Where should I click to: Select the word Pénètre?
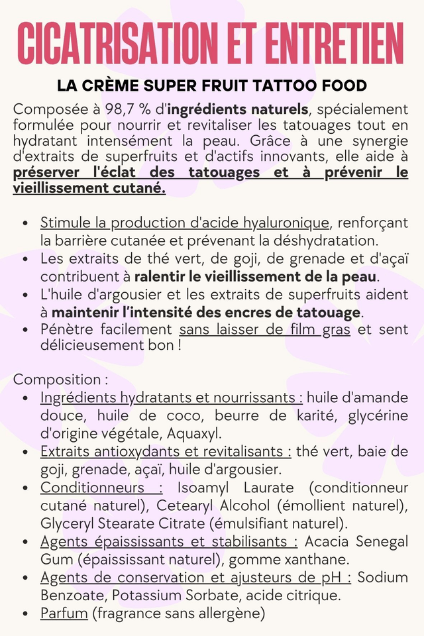pyautogui.click(x=66, y=329)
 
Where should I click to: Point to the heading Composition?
pyautogui.click(x=58, y=380)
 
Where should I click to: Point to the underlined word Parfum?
pyautogui.click(x=64, y=613)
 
